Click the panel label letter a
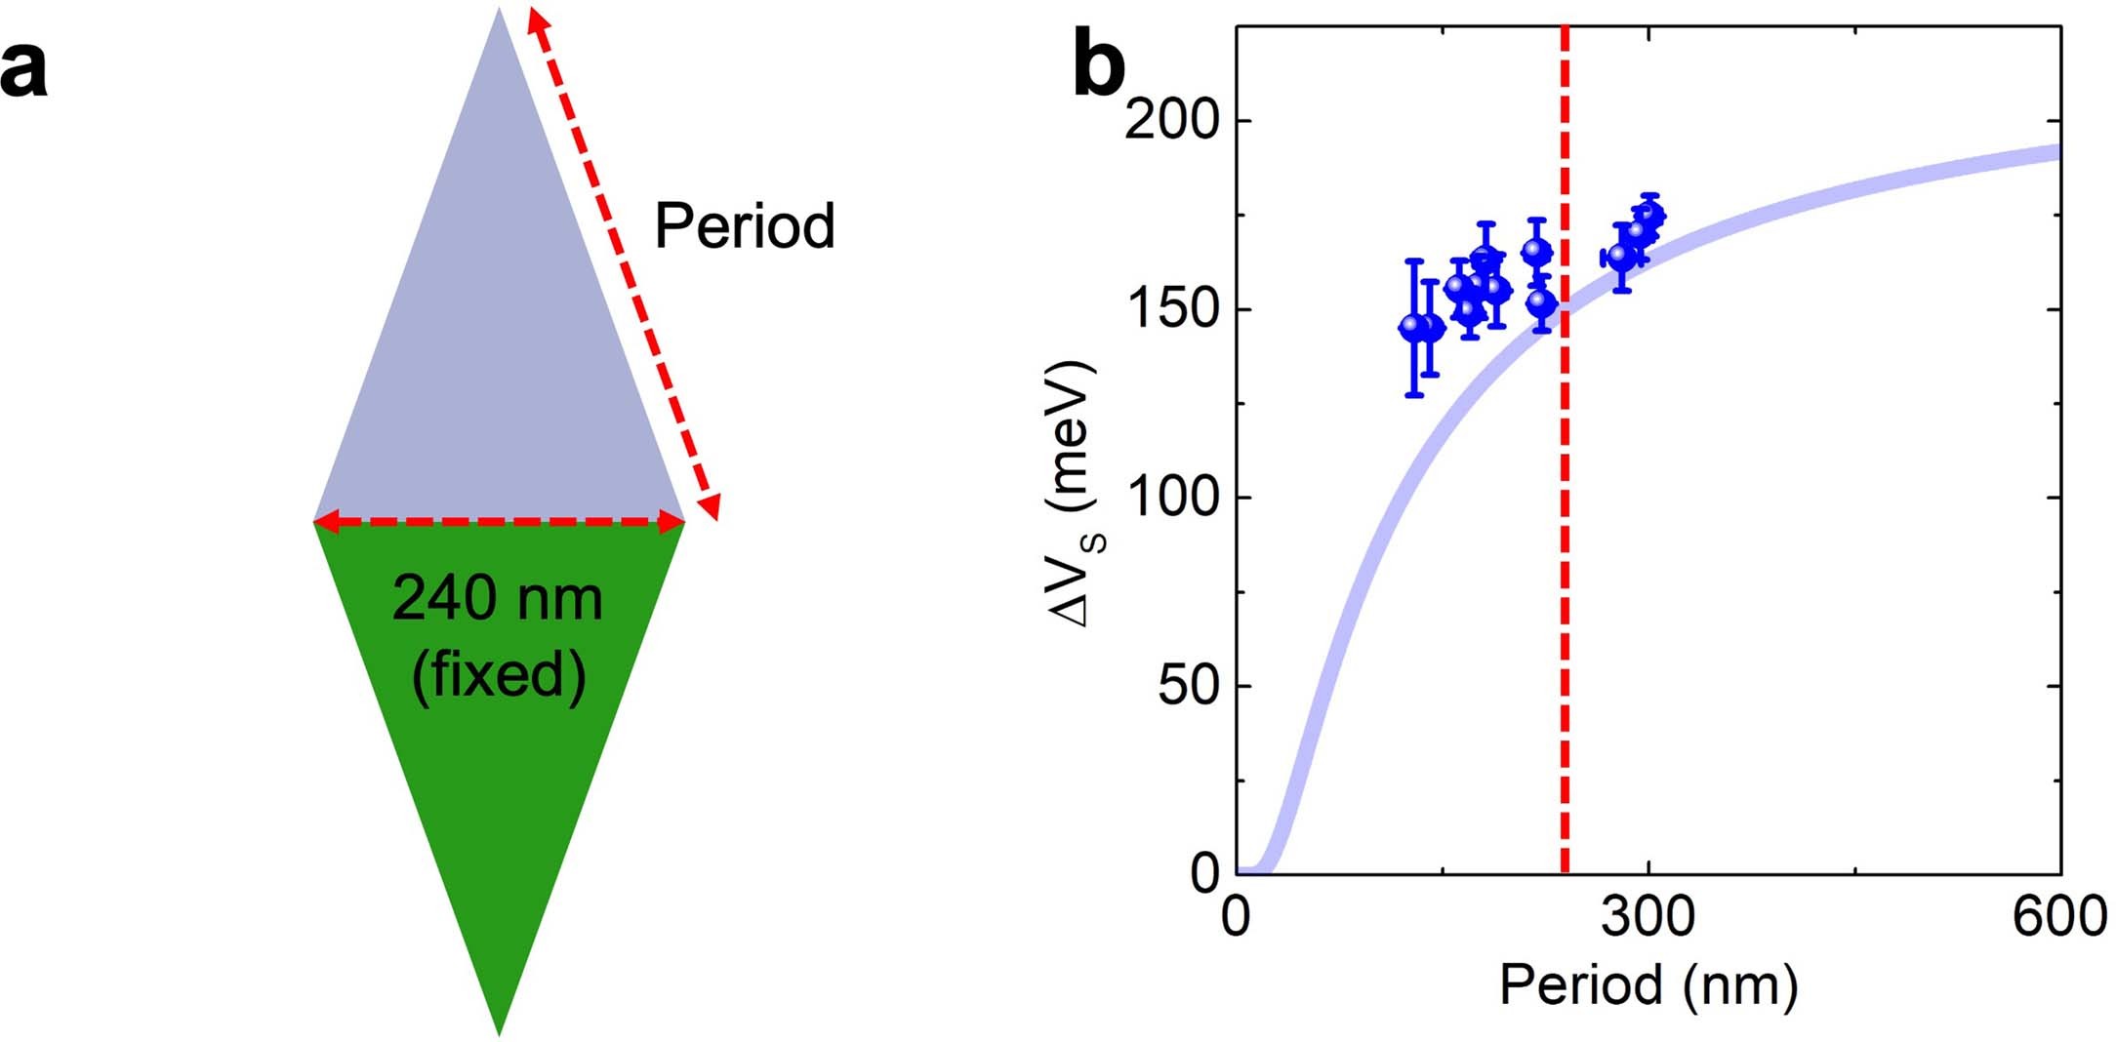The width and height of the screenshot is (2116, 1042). pyautogui.click(x=23, y=70)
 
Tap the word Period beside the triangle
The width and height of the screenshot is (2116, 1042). pyautogui.click(x=744, y=226)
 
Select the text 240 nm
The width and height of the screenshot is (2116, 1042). pyautogui.click(x=497, y=598)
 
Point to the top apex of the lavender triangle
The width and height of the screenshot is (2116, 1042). pyautogui.click(x=499, y=12)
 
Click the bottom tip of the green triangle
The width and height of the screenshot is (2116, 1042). pyautogui.click(x=499, y=1031)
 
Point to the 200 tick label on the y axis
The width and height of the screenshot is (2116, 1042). pyautogui.click(x=1172, y=121)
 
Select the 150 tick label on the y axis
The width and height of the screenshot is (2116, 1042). pyautogui.click(x=1172, y=309)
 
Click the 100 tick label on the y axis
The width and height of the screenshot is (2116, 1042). pyautogui.click(x=1172, y=498)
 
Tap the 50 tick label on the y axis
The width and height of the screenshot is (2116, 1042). pyautogui.click(x=1188, y=686)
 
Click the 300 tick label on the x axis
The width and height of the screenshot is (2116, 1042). pyautogui.click(x=1648, y=917)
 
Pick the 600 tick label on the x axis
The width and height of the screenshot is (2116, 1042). pyautogui.click(x=2059, y=917)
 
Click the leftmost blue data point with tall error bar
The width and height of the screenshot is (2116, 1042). pyautogui.click(x=1413, y=328)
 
